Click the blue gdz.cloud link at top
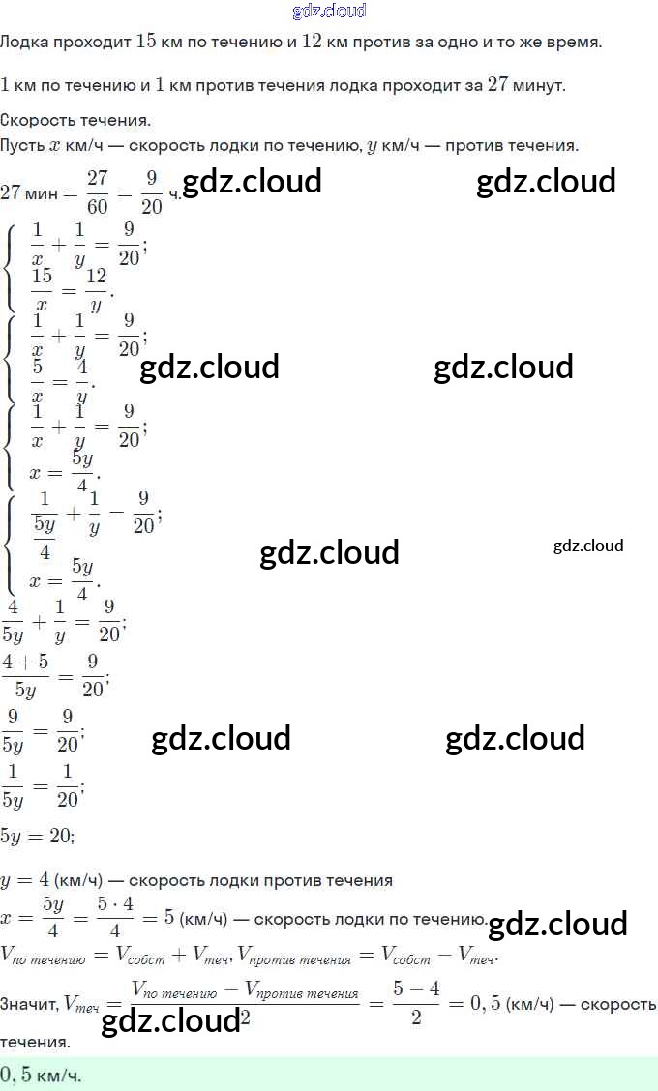pyautogui.click(x=329, y=11)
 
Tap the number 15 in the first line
pyautogui.click(x=146, y=42)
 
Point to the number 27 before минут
pyautogui.click(x=497, y=83)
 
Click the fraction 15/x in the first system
pyautogui.click(x=41, y=288)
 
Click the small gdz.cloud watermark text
pyautogui.click(x=588, y=545)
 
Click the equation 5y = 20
pyautogui.click(x=37, y=834)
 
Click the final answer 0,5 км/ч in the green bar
pyautogui.click(x=41, y=1075)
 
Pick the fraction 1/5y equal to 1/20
pyautogui.click(x=13, y=784)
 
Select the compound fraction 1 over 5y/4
pyautogui.click(x=45, y=523)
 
